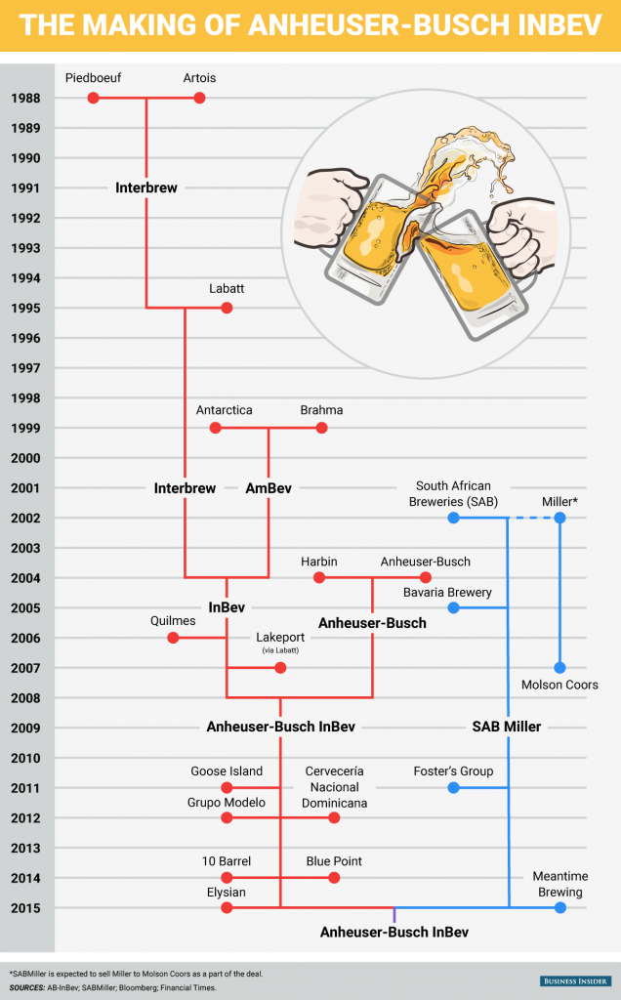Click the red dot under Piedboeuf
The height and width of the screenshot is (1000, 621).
(x=93, y=98)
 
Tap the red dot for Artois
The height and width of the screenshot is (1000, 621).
(x=199, y=98)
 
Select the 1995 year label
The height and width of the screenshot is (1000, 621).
(x=25, y=308)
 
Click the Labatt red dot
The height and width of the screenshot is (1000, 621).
(x=227, y=308)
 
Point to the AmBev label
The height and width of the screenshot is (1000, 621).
(x=269, y=488)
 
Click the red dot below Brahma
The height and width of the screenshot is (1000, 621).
(x=322, y=428)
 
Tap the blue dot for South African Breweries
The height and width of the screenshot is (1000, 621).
(x=453, y=518)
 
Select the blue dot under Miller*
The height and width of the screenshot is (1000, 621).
(x=559, y=518)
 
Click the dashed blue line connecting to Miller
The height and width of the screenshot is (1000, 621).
(x=532, y=518)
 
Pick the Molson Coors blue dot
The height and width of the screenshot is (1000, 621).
(x=559, y=668)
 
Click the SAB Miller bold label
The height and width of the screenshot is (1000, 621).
(x=506, y=728)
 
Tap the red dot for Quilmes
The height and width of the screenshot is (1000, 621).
(x=173, y=638)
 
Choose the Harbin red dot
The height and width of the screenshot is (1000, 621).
(x=318, y=578)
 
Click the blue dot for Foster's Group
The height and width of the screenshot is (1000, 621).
(x=453, y=788)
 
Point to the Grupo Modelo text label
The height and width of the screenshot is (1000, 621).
(x=227, y=802)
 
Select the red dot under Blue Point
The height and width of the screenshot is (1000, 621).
(x=334, y=878)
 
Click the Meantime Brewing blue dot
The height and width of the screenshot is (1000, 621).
(x=559, y=907)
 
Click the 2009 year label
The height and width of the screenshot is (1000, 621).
(x=25, y=728)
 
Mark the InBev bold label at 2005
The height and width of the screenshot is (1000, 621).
(x=227, y=607)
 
